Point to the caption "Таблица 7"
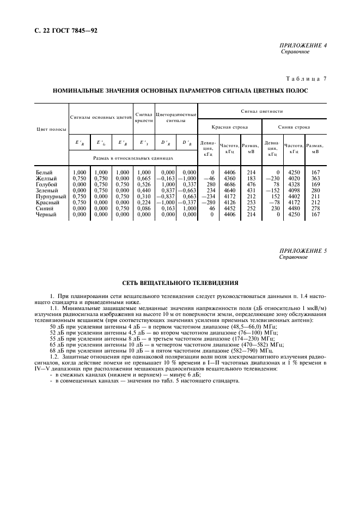306,79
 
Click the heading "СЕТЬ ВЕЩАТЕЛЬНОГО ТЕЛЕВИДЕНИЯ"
180,283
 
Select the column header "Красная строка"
229,127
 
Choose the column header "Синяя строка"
294,127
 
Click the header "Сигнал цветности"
261,111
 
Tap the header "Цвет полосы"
51,130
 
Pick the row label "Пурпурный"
51,196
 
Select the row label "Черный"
46,214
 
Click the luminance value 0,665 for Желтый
144,178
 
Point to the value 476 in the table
251,184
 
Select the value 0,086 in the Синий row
144,208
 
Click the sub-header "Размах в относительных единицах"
133,158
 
